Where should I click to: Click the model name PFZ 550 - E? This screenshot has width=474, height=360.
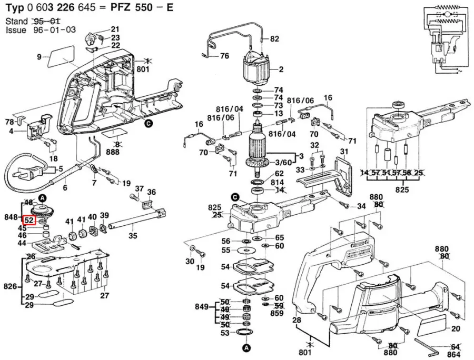142,8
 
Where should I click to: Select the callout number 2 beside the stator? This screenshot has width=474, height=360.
281,69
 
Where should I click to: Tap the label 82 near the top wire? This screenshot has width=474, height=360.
274,39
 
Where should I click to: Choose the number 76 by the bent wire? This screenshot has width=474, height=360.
224,56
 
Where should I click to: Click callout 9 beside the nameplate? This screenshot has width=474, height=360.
39,57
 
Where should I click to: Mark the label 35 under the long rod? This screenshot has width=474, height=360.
133,236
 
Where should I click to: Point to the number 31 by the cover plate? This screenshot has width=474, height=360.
344,152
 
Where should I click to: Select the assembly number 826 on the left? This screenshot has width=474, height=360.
10,287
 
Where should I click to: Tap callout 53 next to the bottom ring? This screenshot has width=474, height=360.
225,333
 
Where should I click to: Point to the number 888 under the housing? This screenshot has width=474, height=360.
112,152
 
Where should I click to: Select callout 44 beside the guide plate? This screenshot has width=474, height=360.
23,243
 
